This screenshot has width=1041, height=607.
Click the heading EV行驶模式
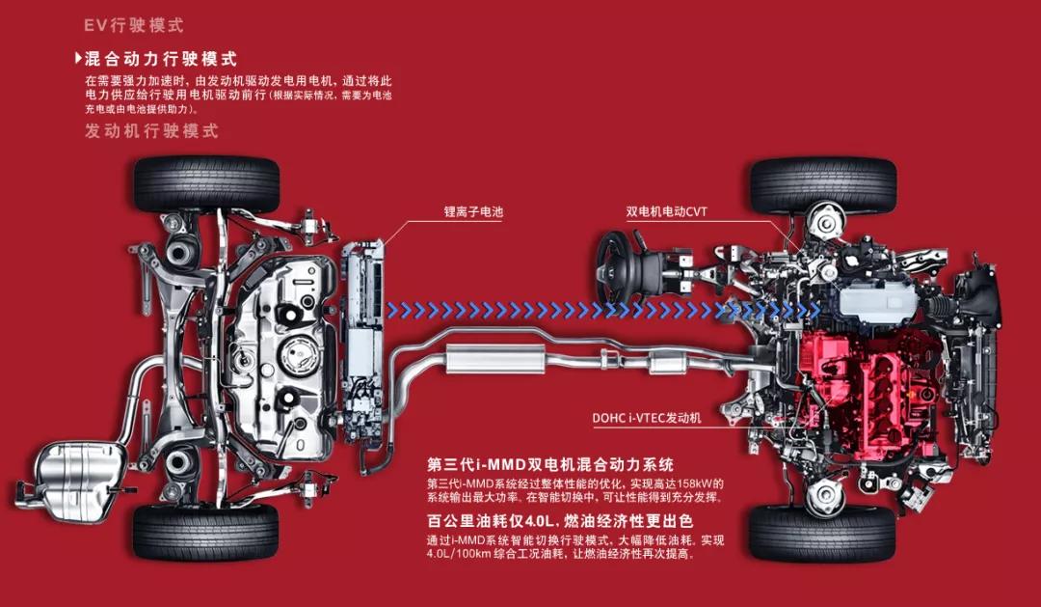click(133, 25)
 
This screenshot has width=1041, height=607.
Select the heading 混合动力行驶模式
click(160, 59)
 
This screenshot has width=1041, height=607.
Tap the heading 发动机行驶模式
click(151, 131)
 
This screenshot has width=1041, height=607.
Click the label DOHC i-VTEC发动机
click(647, 419)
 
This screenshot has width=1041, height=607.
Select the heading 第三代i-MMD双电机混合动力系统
click(549, 464)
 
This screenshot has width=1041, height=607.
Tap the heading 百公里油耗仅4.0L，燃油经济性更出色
click(560, 521)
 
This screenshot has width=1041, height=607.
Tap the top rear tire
click(206, 184)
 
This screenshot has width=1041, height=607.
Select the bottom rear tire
click(206, 531)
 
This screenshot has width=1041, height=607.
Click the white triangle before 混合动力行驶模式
click(78, 59)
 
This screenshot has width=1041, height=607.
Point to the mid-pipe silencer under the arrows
click(496, 359)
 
